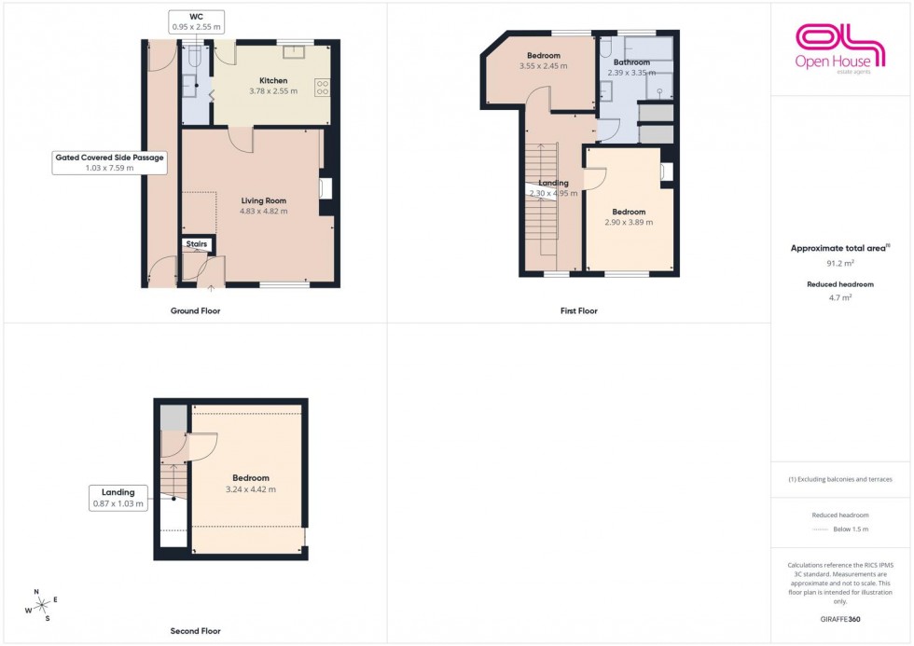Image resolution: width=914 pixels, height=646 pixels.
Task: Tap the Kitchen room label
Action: tap(273, 80)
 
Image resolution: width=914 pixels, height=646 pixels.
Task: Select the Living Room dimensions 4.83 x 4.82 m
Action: tap(264, 211)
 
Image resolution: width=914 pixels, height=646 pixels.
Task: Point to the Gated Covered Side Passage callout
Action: tap(109, 163)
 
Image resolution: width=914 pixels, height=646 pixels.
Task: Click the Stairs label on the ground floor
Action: tap(197, 244)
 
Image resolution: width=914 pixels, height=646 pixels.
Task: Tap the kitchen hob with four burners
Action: tap(323, 89)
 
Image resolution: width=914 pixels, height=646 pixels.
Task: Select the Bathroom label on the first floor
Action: tap(631, 62)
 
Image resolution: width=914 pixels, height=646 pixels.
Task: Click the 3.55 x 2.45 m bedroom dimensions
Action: tap(543, 66)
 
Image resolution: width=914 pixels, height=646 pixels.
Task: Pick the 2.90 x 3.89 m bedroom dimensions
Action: tap(629, 222)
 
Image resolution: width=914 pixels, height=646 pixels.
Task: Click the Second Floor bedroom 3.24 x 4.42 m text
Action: tap(251, 489)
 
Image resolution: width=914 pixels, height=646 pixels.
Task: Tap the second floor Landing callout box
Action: tap(118, 498)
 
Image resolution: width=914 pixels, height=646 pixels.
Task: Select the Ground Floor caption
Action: tap(197, 310)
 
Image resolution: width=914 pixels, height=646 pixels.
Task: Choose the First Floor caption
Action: tap(579, 310)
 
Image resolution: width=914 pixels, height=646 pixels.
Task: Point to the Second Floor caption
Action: tap(197, 631)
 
